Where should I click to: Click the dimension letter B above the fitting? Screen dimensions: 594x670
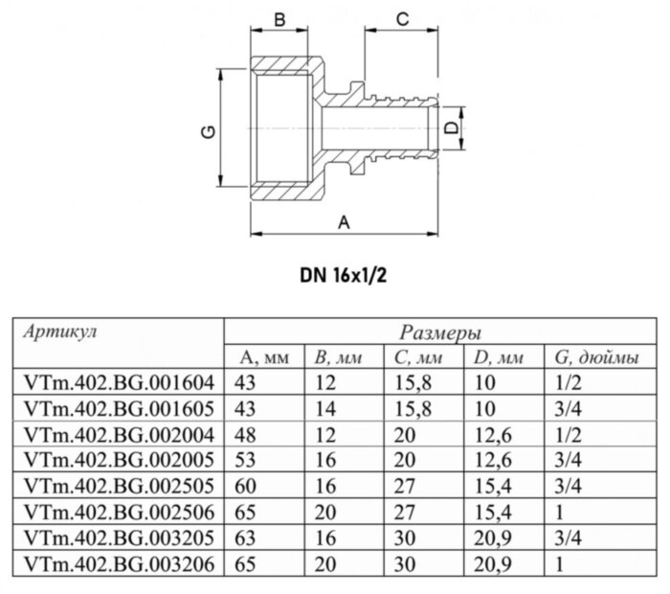coord(280,18)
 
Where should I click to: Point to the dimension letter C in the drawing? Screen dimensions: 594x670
coord(403,18)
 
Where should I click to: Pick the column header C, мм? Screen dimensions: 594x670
coord(417,357)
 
